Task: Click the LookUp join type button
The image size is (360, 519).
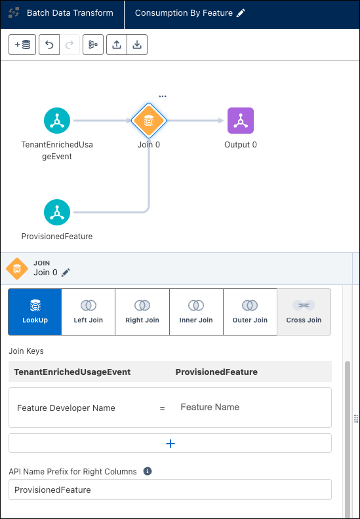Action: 35,312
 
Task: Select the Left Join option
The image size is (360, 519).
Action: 89,312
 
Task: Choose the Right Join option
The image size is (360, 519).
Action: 142,312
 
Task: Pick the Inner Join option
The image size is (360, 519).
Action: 197,312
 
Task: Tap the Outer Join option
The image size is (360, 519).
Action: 250,312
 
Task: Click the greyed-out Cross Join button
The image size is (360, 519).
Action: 304,312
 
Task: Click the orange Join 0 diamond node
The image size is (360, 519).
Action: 149,121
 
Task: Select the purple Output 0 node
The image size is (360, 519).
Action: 241,121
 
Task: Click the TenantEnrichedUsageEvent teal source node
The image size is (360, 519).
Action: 57,121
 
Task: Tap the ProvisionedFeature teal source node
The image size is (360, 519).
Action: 57,212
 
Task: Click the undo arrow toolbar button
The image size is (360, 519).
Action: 49,45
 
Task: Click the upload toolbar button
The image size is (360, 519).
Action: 117,45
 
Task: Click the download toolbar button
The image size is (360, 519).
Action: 137,45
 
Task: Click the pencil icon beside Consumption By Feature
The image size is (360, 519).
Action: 241,13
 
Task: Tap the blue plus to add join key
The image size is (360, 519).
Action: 170,444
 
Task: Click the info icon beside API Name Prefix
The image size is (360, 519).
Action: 148,471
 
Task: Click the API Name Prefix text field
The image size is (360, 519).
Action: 170,490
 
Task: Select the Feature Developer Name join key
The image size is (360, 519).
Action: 66,408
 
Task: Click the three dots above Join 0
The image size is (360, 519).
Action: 162,96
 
